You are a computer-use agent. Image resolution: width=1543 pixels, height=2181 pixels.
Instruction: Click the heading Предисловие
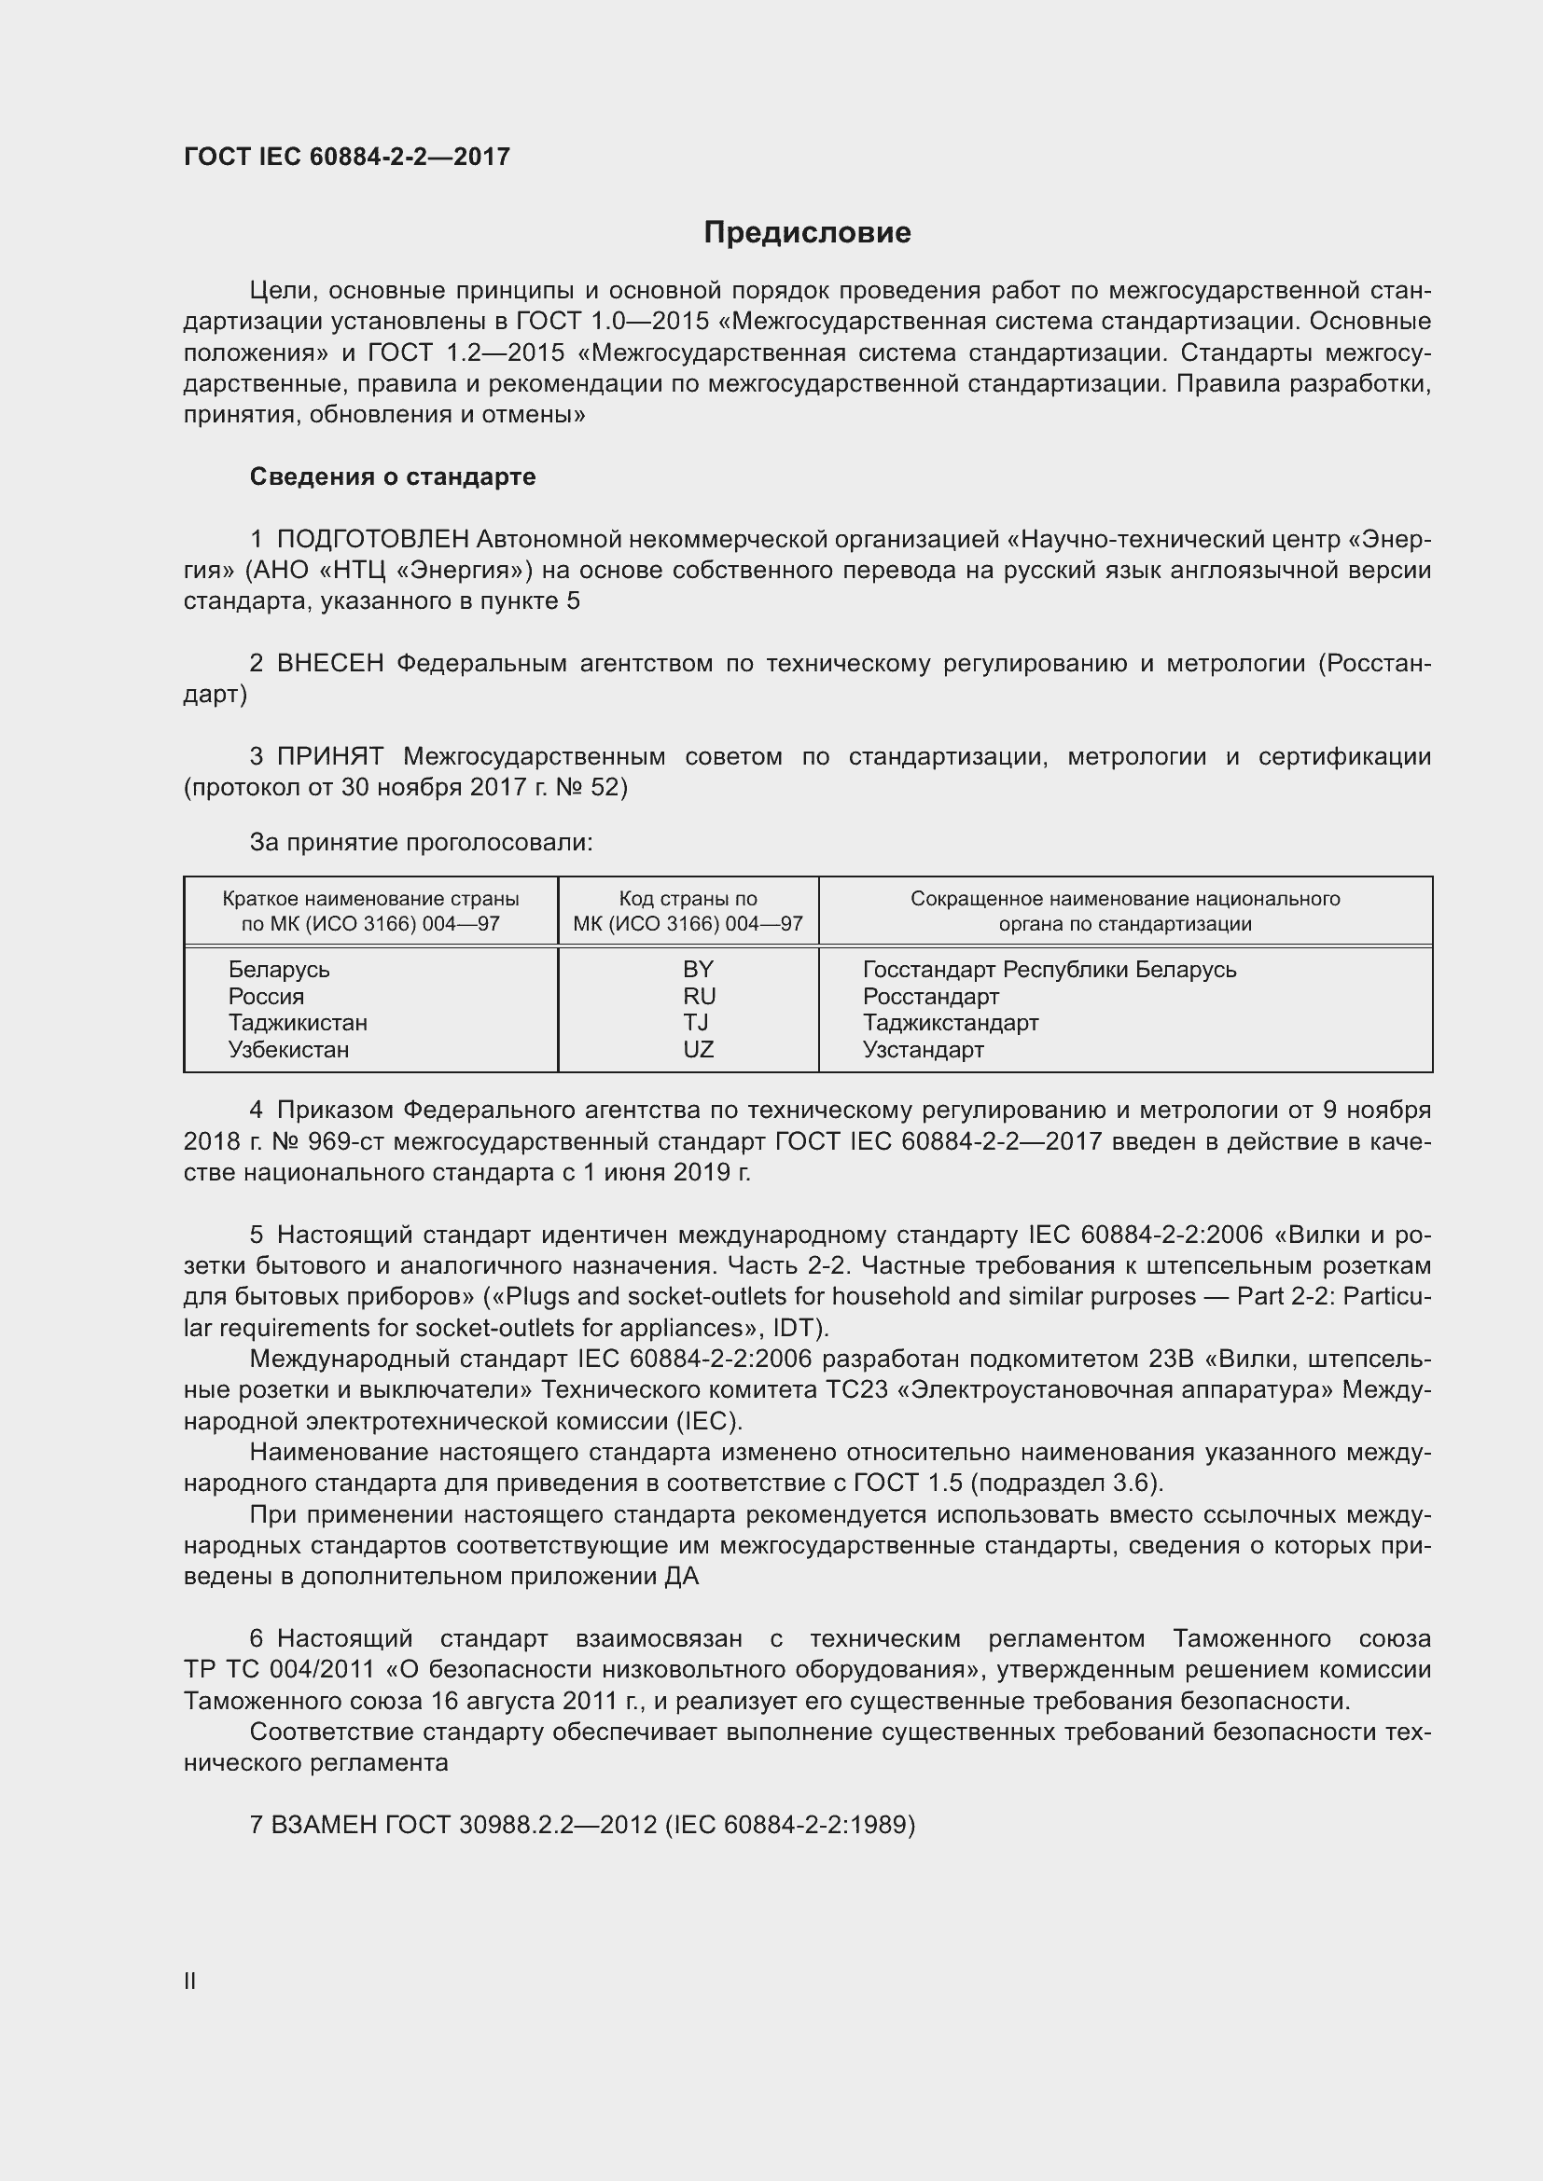807,233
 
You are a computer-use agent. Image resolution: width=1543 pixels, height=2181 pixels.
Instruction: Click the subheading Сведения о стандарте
393,476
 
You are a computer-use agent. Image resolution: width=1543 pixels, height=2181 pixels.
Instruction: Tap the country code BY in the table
698,969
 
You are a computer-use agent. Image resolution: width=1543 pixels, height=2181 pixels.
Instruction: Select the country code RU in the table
699,996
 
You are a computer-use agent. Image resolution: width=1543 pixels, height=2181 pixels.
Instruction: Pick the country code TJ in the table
696,1022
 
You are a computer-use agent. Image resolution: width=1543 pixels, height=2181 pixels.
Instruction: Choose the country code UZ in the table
699,1050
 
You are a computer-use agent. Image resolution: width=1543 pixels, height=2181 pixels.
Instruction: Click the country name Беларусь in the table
278,970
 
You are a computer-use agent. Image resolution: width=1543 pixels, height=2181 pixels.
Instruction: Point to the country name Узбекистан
288,1050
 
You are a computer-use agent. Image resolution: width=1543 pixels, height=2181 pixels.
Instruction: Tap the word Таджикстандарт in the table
950,1023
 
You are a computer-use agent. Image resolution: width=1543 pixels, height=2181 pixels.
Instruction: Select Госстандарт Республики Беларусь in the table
1049,970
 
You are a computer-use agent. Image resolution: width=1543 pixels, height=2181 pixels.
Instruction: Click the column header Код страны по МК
688,911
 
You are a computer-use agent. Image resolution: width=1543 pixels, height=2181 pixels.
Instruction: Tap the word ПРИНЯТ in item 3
329,757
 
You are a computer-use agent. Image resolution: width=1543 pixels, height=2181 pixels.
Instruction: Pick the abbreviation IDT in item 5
799,1327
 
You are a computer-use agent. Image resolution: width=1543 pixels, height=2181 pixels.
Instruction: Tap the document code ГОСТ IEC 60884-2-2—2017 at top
347,157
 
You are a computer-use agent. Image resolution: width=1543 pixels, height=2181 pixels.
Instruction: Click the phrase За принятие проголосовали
421,843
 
